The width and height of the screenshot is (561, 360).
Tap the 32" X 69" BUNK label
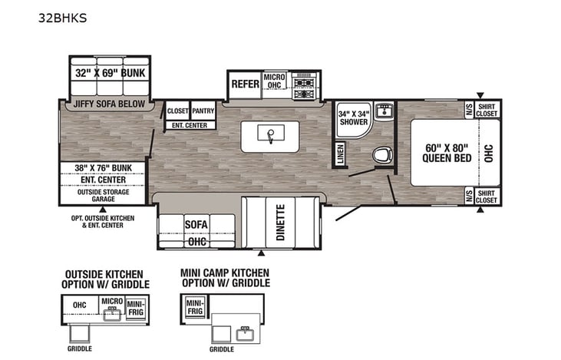(x=110, y=74)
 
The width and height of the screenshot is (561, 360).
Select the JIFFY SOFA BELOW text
(x=109, y=105)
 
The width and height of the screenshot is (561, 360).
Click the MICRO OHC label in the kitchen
(x=275, y=82)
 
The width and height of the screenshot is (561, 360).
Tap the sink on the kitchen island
(x=271, y=135)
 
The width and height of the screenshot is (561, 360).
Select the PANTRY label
(x=203, y=111)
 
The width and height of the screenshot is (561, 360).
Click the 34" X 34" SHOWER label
(x=354, y=117)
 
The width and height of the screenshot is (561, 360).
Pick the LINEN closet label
(x=338, y=153)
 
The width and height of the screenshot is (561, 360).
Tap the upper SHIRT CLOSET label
(x=487, y=111)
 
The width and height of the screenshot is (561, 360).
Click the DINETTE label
(x=280, y=221)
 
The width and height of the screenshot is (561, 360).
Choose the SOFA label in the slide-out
(x=196, y=223)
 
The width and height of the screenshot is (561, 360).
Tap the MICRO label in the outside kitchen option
(x=112, y=302)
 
